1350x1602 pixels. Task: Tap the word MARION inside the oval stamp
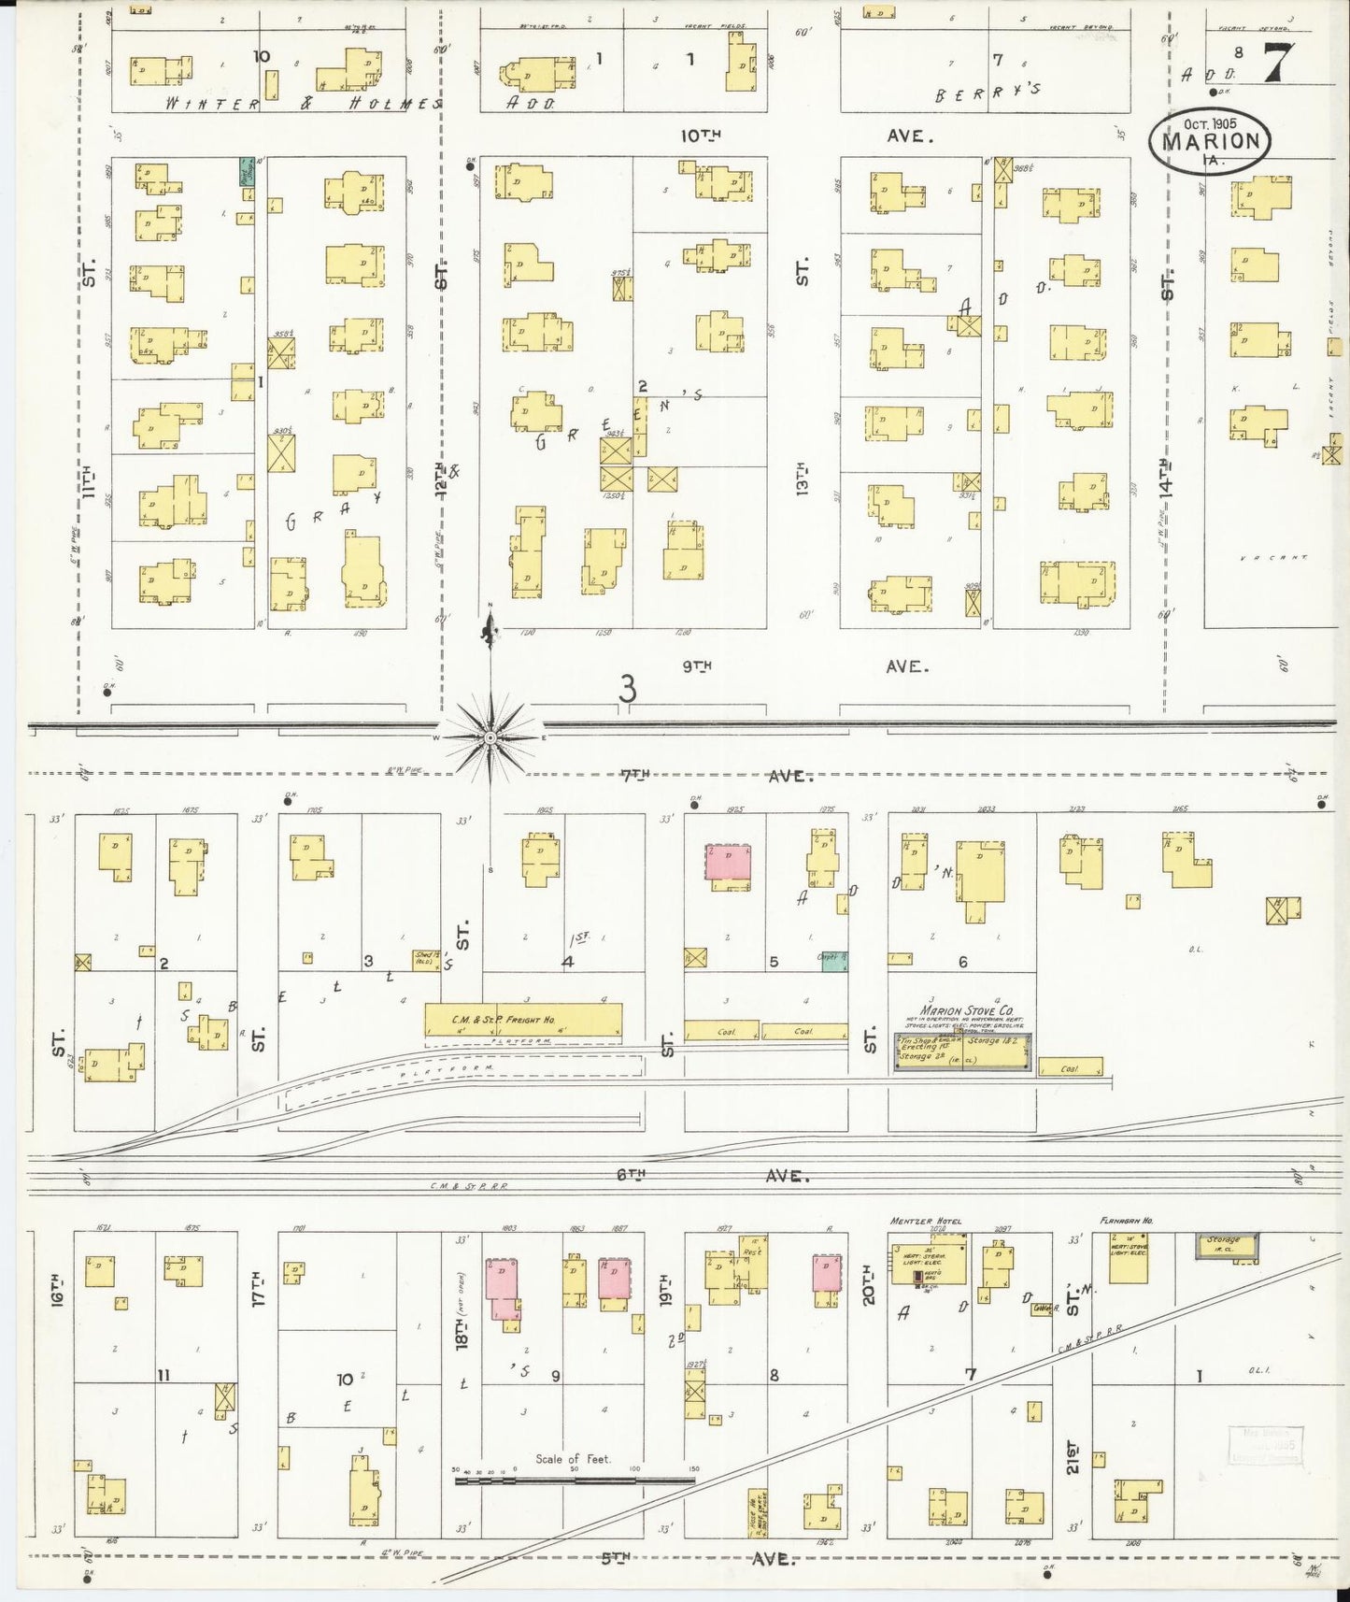1210,142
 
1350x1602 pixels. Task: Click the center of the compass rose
490,737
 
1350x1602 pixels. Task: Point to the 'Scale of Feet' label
573,1458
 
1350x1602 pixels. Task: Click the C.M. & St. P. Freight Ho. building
523,1020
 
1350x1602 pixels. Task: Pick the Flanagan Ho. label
1120,1221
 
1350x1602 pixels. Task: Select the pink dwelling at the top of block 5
728,862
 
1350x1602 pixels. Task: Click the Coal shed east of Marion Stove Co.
1070,1067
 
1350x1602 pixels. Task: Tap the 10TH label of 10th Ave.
701,136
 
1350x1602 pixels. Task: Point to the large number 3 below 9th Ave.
628,690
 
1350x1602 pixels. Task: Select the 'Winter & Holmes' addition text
299,103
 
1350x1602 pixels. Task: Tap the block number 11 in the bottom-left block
163,1375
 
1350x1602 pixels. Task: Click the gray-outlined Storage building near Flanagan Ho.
1227,1245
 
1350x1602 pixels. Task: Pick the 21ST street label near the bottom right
1072,1455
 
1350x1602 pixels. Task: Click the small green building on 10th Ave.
247,171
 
